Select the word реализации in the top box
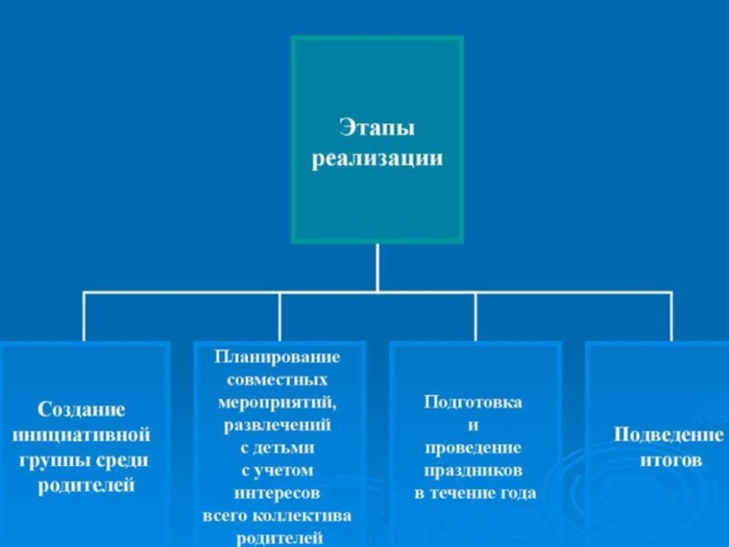click(x=377, y=159)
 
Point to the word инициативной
click(x=81, y=435)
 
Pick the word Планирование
click(x=277, y=356)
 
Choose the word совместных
click(x=277, y=379)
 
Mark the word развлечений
click(x=277, y=425)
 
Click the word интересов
click(x=277, y=493)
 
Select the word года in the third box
click(x=518, y=493)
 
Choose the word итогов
click(x=671, y=460)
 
